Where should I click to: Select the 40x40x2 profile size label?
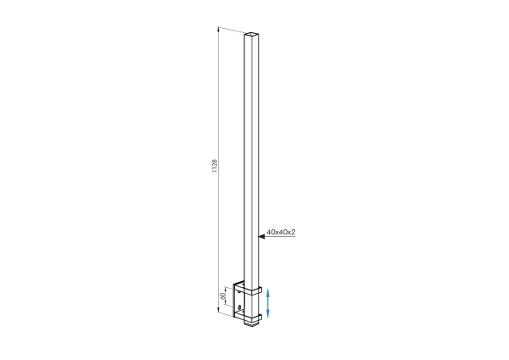click(280, 232)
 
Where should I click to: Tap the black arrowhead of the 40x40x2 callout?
click(262, 238)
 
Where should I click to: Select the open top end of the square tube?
click(251, 36)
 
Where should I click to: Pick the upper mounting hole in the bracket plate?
click(240, 296)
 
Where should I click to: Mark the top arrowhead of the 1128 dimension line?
click(219, 30)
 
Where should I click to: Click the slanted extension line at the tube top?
click(232, 32)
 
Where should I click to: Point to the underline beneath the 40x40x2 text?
click(280, 238)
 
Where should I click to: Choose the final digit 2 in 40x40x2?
click(292, 232)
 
